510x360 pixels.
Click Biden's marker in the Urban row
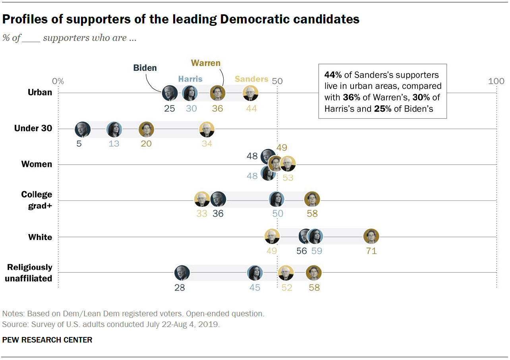(x=170, y=93)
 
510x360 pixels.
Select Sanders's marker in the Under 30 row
(x=207, y=130)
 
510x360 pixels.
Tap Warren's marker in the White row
(x=371, y=237)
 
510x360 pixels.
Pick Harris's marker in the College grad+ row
(x=276, y=199)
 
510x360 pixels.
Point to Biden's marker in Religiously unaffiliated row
(x=182, y=273)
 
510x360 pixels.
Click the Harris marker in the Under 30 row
(x=114, y=130)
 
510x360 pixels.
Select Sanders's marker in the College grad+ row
(x=202, y=199)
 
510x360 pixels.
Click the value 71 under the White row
(x=371, y=251)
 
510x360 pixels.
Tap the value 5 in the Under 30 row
(x=79, y=143)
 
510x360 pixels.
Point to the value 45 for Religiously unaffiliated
(x=255, y=287)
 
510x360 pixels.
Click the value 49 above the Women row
(x=282, y=148)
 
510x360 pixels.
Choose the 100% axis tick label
(x=496, y=81)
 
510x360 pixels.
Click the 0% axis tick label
(x=58, y=81)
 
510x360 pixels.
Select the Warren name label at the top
(x=205, y=63)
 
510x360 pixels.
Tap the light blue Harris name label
(x=190, y=79)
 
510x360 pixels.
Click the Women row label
(x=37, y=164)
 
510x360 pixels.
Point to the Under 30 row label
(x=33, y=128)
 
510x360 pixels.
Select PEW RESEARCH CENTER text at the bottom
(x=47, y=340)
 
